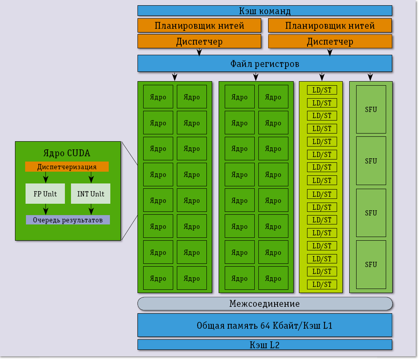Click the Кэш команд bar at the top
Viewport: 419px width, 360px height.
click(x=264, y=11)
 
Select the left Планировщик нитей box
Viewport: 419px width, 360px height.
click(x=199, y=26)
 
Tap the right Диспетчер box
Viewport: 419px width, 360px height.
click(x=330, y=41)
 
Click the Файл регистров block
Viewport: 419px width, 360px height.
click(x=264, y=63)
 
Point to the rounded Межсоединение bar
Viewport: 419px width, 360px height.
click(x=264, y=304)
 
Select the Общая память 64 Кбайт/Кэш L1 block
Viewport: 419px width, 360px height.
click(x=264, y=325)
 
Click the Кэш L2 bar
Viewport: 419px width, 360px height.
click(x=264, y=345)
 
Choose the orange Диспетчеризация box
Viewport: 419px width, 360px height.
click(x=67, y=167)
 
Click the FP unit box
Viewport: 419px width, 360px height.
click(x=45, y=194)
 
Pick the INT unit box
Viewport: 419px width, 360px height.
click(x=90, y=194)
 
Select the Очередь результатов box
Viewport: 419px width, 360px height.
click(x=68, y=220)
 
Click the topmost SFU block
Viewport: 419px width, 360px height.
click(x=371, y=109)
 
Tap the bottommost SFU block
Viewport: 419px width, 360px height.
click(x=371, y=265)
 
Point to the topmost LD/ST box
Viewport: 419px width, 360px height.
click(x=322, y=90)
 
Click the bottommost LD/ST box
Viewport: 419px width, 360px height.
click(x=322, y=284)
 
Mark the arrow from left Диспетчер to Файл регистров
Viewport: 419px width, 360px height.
click(x=199, y=52)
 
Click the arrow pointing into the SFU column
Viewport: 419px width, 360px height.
click(x=370, y=76)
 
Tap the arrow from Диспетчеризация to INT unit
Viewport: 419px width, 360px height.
click(x=91, y=177)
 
